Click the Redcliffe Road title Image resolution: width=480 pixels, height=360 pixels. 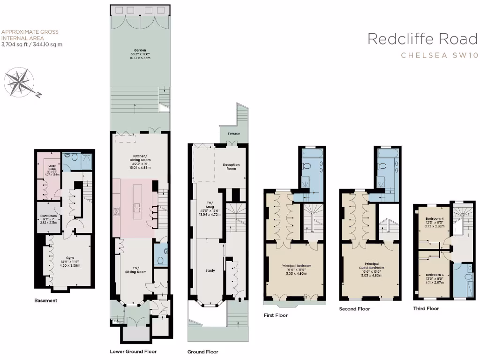422,39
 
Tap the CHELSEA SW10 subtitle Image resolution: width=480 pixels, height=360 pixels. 439,55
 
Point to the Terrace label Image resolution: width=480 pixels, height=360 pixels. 233,134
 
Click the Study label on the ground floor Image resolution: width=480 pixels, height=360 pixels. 210,270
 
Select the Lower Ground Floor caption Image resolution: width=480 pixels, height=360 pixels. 133,351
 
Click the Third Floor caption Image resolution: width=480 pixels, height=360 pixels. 426,308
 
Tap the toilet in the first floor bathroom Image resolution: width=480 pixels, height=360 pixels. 308,166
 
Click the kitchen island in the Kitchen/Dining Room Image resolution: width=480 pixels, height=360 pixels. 138,204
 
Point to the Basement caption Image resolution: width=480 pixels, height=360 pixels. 46,300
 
